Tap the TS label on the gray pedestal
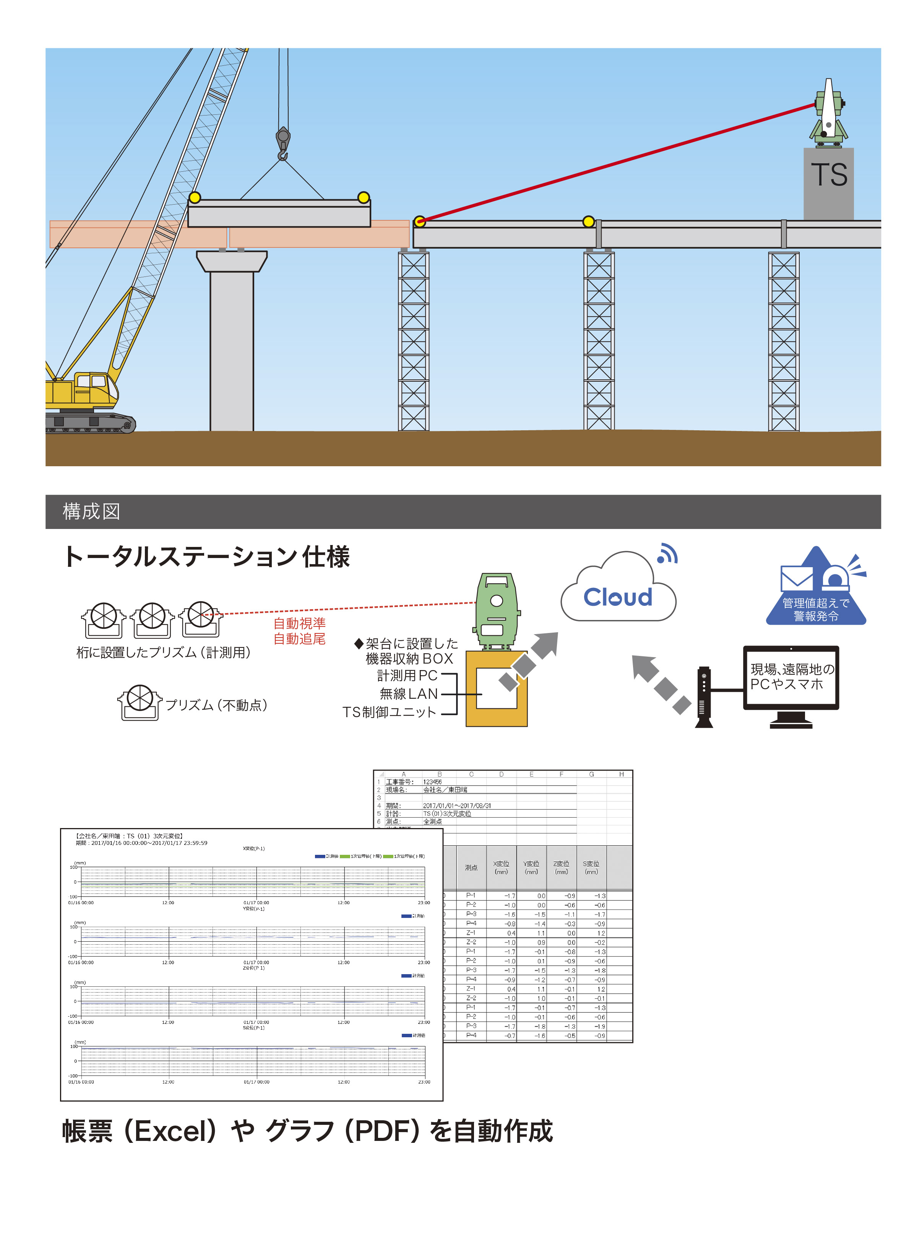(x=829, y=175)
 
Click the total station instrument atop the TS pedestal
(x=829, y=114)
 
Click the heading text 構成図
(x=91, y=511)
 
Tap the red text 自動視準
(x=299, y=623)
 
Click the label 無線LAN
(x=409, y=694)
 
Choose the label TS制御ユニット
(x=389, y=712)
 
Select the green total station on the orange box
(x=497, y=611)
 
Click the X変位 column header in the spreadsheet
(x=501, y=867)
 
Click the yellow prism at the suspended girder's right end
(x=363, y=197)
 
